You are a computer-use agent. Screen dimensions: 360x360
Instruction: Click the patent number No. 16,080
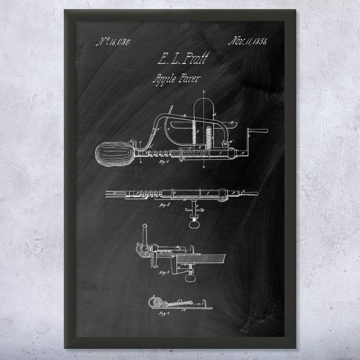[x=113, y=42]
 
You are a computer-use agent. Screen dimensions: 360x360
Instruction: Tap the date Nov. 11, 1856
[x=247, y=41]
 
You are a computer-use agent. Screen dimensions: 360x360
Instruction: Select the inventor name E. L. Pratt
[x=183, y=59]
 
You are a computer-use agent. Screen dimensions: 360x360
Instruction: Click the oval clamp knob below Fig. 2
[x=194, y=224]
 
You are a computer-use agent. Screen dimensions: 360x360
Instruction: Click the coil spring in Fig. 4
[x=176, y=303]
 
